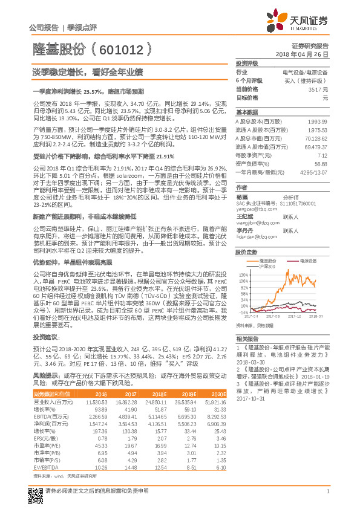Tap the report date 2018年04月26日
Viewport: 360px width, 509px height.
[x=306, y=54]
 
